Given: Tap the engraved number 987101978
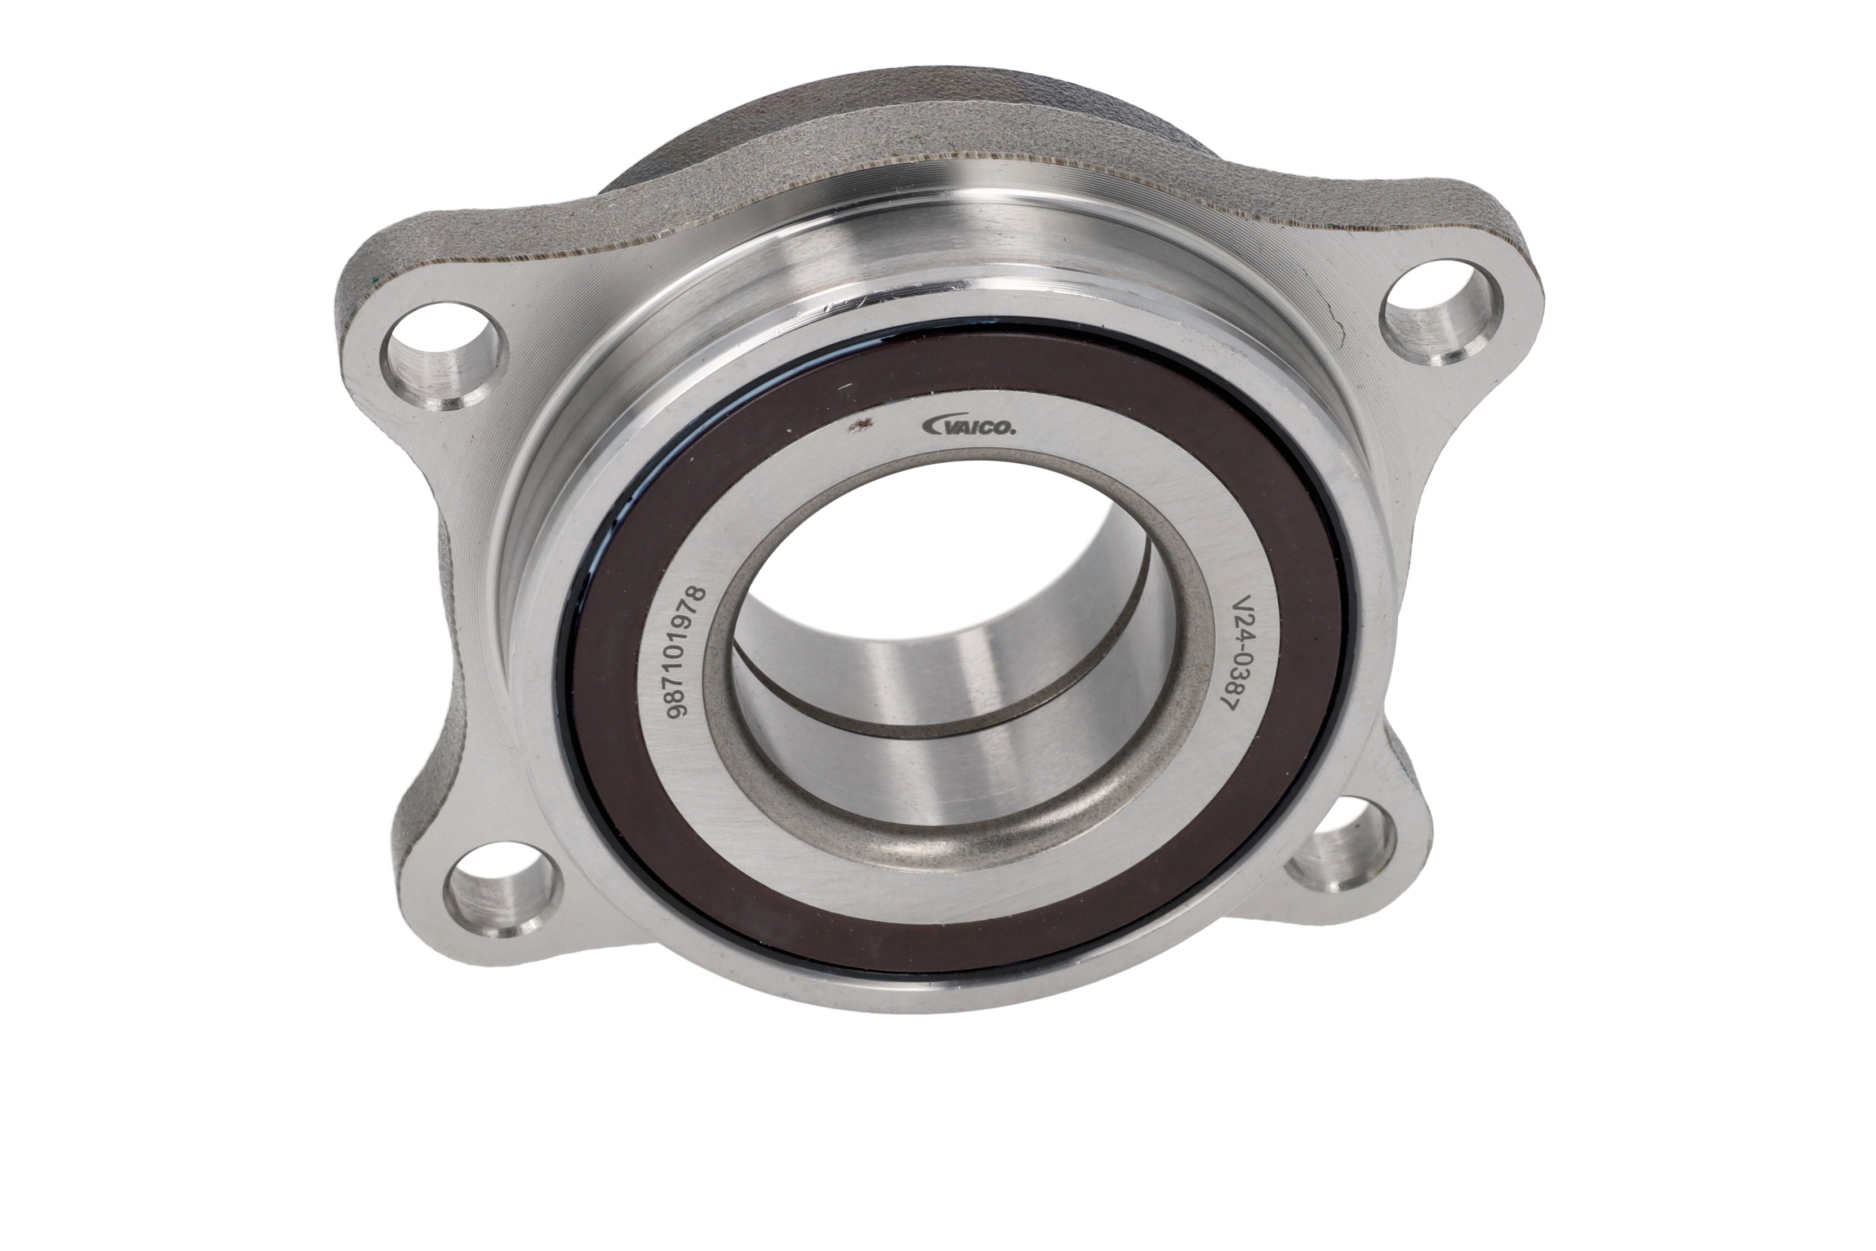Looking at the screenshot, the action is pyautogui.click(x=687, y=653).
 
